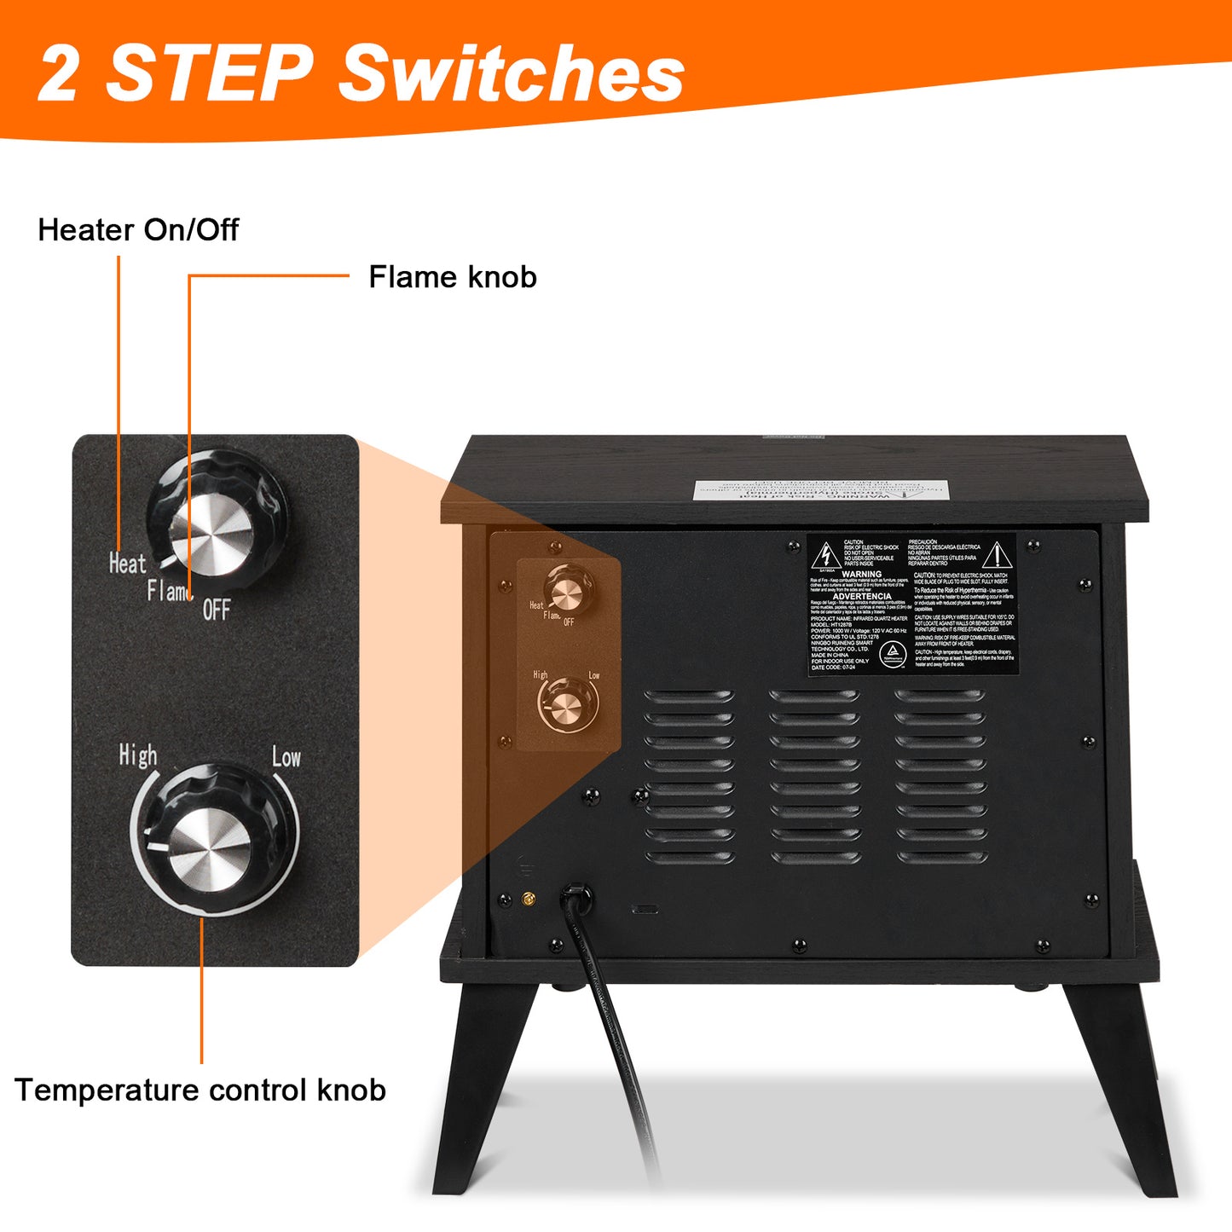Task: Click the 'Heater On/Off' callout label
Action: point(138,230)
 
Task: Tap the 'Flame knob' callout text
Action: point(452,277)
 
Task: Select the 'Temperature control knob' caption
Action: point(200,1090)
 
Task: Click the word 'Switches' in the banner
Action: point(512,73)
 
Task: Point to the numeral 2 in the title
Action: point(60,75)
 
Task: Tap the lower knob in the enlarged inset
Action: point(211,840)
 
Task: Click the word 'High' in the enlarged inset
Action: point(137,755)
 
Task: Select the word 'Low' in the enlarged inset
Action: point(286,757)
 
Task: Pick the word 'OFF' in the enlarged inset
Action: point(217,610)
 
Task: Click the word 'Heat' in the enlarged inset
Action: point(127,564)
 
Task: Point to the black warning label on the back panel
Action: point(912,604)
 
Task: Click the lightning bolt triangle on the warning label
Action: point(825,555)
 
